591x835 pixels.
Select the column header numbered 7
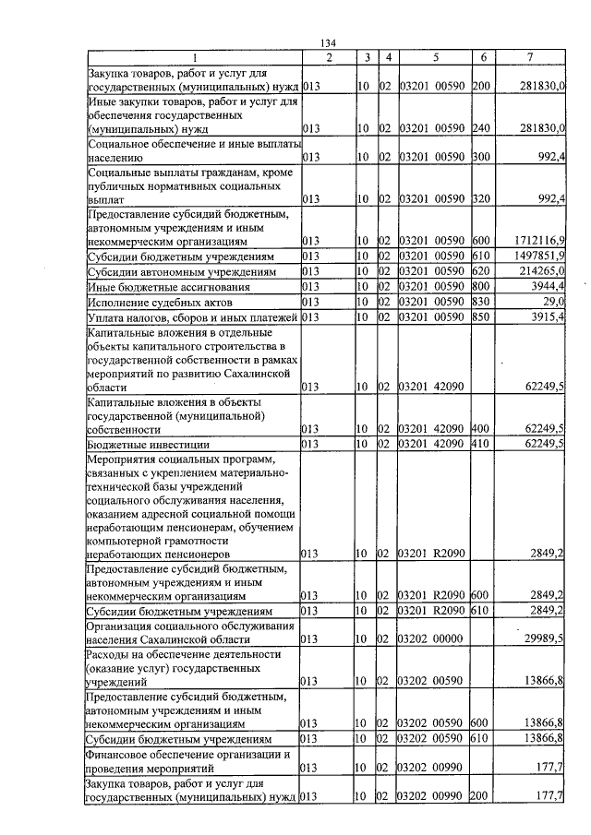click(x=529, y=58)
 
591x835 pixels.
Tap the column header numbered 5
click(x=432, y=58)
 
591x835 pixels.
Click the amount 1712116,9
click(x=539, y=240)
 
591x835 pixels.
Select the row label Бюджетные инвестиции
click(x=149, y=445)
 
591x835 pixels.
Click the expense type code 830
click(x=480, y=303)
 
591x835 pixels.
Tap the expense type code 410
click(x=480, y=445)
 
